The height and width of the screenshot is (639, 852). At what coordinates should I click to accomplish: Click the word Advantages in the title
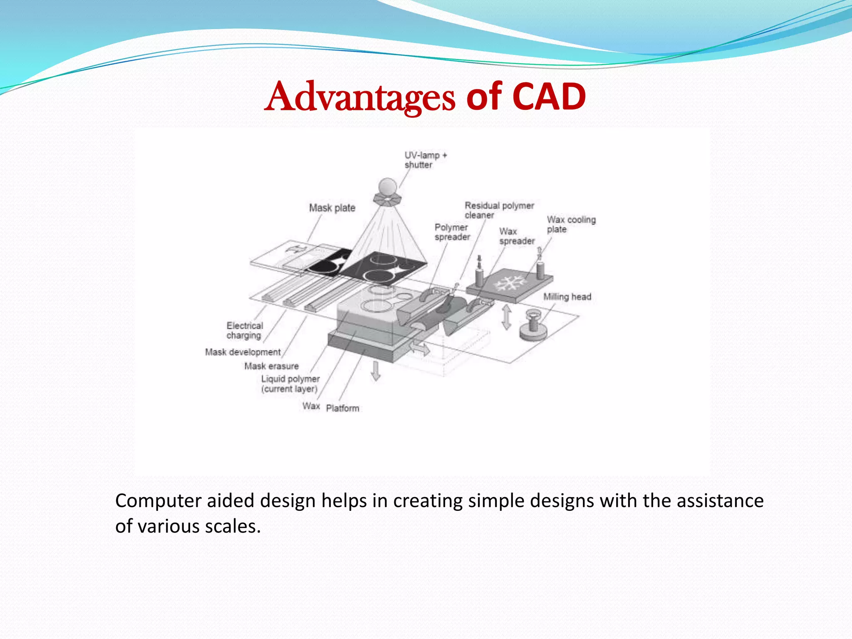tap(360, 97)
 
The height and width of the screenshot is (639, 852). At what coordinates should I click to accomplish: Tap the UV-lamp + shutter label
tap(425, 160)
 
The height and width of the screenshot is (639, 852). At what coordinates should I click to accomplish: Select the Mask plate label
tap(332, 208)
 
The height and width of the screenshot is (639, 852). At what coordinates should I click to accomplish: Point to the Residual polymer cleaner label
tap(498, 210)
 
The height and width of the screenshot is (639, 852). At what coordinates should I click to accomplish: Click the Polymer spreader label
tap(452, 232)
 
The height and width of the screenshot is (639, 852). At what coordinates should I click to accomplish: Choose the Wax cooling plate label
tap(570, 224)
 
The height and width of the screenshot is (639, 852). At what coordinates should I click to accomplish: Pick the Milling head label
tap(567, 297)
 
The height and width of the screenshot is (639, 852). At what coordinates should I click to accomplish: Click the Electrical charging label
tap(245, 330)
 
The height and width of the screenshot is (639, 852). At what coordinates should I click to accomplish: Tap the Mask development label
tap(243, 352)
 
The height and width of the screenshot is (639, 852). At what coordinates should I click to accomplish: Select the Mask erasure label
tap(271, 366)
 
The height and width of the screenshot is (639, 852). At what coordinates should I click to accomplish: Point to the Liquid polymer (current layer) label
tap(290, 384)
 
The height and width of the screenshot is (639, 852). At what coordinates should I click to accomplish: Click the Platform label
tap(342, 408)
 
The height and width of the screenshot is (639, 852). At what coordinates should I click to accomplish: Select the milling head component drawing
tap(533, 325)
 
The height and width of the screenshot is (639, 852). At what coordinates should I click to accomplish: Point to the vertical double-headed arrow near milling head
tap(506, 317)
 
